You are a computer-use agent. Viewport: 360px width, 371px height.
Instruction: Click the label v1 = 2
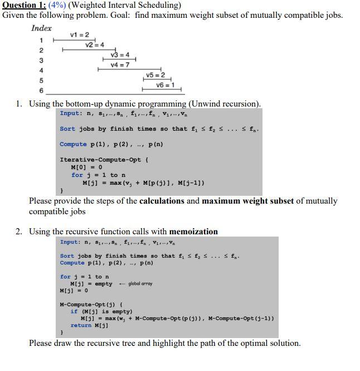80,35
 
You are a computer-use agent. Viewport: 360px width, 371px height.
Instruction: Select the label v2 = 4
95,45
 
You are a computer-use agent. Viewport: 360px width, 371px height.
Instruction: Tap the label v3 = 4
120,55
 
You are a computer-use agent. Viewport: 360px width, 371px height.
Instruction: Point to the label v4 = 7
120,65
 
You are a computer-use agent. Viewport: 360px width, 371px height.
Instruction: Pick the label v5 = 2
155,75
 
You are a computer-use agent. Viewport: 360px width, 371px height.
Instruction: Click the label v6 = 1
165,85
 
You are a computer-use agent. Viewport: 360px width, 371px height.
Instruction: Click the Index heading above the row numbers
41,28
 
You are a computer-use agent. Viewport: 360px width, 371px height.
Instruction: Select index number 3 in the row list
41,60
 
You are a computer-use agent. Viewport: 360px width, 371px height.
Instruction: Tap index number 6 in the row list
41,90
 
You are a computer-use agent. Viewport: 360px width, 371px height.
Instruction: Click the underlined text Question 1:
27,5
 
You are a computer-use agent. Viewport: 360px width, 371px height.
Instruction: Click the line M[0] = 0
86,167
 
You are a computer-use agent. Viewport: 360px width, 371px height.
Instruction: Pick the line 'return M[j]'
89,325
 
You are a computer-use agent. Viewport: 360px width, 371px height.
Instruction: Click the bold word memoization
193,232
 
